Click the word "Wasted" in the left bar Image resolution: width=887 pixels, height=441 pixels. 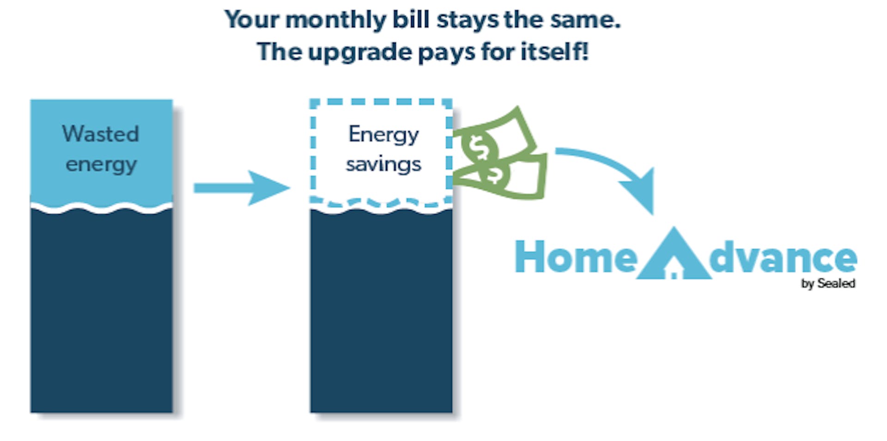pyautogui.click(x=101, y=134)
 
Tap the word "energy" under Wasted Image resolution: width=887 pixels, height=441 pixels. pyautogui.click(x=101, y=165)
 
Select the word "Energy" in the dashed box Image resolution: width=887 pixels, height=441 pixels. pyautogui.click(x=383, y=135)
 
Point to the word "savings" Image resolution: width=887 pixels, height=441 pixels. pyautogui.click(x=383, y=164)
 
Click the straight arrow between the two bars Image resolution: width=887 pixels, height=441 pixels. pyautogui.click(x=242, y=188)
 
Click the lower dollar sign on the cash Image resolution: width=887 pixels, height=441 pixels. pyautogui.click(x=494, y=175)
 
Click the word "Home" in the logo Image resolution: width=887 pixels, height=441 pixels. pyautogui.click(x=576, y=257)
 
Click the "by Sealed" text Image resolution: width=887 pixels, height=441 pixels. pyautogui.click(x=828, y=284)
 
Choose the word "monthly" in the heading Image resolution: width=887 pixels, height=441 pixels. pyautogui.click(x=335, y=20)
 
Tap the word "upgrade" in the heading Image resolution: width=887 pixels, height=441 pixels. pyautogui.click(x=360, y=52)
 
